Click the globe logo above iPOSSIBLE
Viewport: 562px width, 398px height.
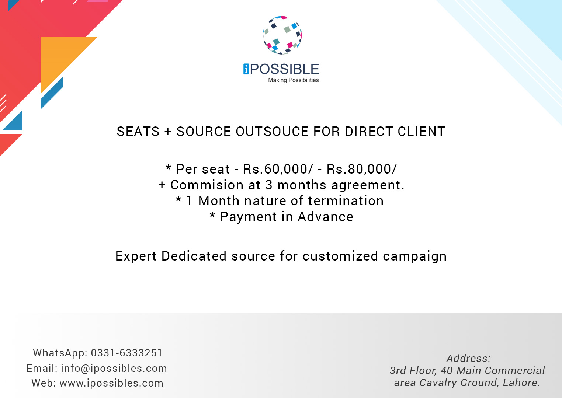[x=282, y=35]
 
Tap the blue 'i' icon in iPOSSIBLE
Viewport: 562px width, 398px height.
[x=246, y=69]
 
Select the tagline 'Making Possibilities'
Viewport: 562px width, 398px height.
[x=293, y=80]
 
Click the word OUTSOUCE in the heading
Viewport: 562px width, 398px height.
[x=272, y=132]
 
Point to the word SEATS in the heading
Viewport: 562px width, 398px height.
[x=138, y=132]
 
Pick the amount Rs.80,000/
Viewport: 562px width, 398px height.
[x=362, y=169]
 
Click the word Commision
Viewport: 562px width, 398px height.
[x=207, y=185]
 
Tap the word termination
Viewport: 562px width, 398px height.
[x=346, y=201]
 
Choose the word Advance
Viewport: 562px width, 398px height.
[x=325, y=217]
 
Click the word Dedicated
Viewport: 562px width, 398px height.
[x=194, y=256]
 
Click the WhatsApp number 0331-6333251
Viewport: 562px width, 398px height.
[x=127, y=353]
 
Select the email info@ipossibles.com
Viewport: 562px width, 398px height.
[x=114, y=369]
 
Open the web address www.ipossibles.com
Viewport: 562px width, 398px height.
[x=111, y=383]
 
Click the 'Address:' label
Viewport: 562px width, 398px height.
[x=468, y=358]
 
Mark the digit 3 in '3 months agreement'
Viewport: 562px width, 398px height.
[x=269, y=185]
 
